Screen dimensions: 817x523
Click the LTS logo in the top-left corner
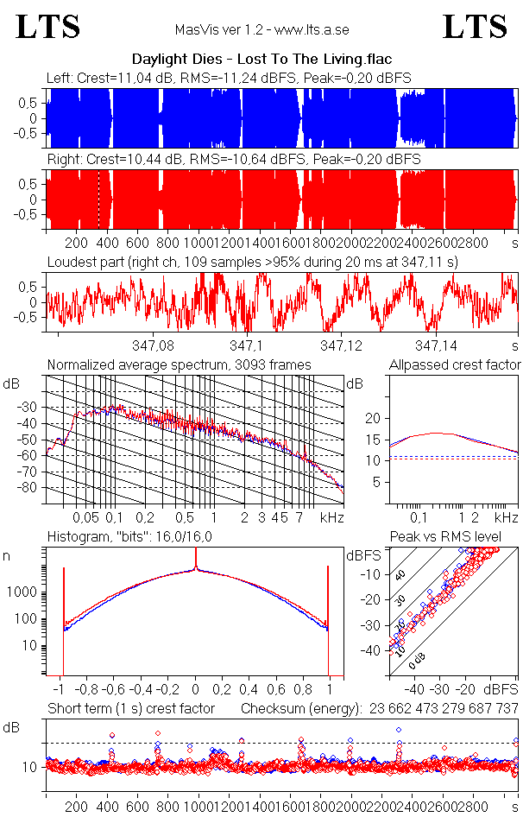coord(48,27)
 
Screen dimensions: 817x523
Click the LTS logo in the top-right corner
coord(475,27)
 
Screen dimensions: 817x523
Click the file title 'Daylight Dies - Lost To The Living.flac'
coord(261,60)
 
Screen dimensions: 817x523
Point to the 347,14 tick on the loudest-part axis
coord(435,345)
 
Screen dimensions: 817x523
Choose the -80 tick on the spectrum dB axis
coord(30,488)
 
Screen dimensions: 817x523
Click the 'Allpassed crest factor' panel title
coord(455,365)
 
